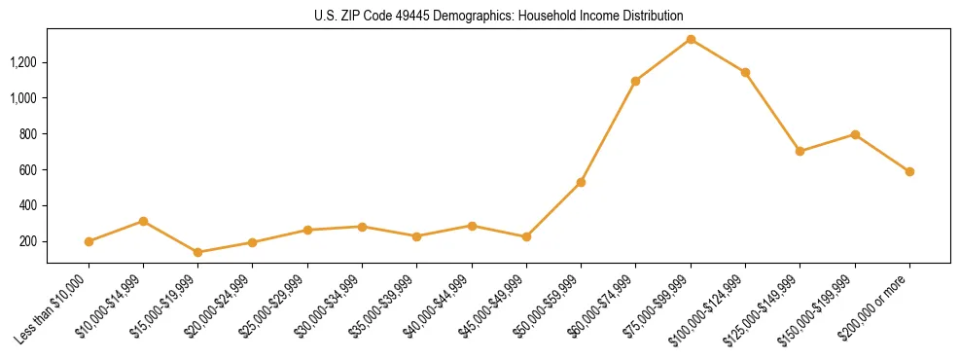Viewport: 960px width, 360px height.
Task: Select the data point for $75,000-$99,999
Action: pyautogui.click(x=691, y=39)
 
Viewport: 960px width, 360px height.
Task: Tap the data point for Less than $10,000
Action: pyautogui.click(x=89, y=241)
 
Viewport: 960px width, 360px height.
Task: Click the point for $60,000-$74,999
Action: pyautogui.click(x=635, y=81)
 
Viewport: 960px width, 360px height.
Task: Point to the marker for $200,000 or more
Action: pyautogui.click(x=909, y=171)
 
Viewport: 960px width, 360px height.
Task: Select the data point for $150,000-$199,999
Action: pyautogui.click(x=855, y=134)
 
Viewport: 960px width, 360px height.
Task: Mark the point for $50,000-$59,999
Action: pyautogui.click(x=581, y=182)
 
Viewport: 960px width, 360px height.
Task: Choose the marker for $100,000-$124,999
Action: pyautogui.click(x=745, y=72)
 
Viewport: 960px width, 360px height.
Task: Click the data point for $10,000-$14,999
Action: pyautogui.click(x=143, y=221)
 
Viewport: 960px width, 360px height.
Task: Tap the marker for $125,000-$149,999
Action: pyautogui.click(x=800, y=151)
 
